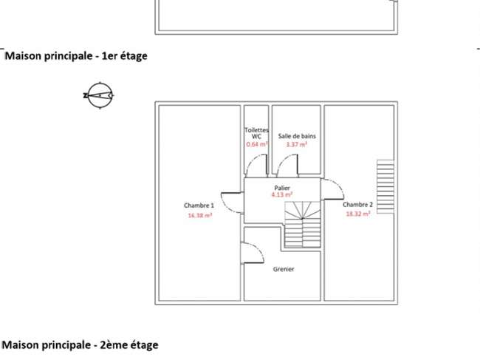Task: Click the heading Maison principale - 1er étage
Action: pyautogui.click(x=76, y=56)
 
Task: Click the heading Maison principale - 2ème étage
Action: pyautogui.click(x=80, y=345)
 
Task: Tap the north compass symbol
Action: pyautogui.click(x=99, y=95)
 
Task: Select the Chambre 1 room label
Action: pyautogui.click(x=199, y=206)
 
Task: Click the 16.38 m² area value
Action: pyautogui.click(x=200, y=215)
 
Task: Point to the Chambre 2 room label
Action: pyautogui.click(x=357, y=205)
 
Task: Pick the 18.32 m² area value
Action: pyautogui.click(x=358, y=214)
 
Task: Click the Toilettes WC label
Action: pyautogui.click(x=256, y=133)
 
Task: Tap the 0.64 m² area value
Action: pyautogui.click(x=257, y=144)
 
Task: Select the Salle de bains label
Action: pyautogui.click(x=297, y=136)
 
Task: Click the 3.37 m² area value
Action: pyautogui.click(x=297, y=144)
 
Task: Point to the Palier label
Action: pyautogui.click(x=282, y=188)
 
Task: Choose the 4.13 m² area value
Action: pyautogui.click(x=282, y=194)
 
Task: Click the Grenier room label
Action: pyautogui.click(x=284, y=269)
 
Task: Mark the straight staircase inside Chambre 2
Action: pyautogui.click(x=385, y=186)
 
